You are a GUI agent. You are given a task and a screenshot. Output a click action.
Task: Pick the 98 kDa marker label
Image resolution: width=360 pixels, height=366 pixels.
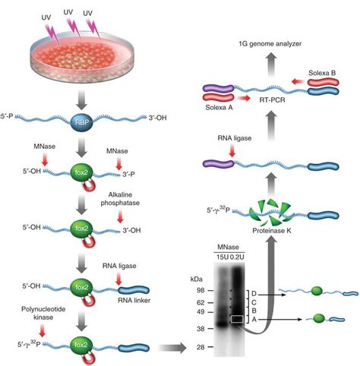pyautogui.click(x=201, y=291)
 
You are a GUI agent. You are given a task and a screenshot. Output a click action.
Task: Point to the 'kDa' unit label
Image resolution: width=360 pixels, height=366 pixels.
pyautogui.click(x=200, y=279)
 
